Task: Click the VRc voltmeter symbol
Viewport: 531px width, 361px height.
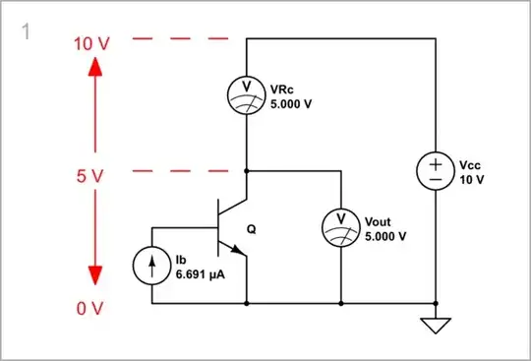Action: coord(245,93)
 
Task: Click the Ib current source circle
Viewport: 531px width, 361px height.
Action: coord(152,266)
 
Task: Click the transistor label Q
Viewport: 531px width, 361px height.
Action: coord(251,229)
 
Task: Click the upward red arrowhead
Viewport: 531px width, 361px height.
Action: coord(93,69)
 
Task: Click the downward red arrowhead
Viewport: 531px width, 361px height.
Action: coord(93,279)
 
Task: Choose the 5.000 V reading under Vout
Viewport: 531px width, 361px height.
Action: coord(385,237)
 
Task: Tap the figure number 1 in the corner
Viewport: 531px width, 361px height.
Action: coord(26,31)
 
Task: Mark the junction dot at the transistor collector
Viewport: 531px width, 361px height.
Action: coord(245,170)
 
